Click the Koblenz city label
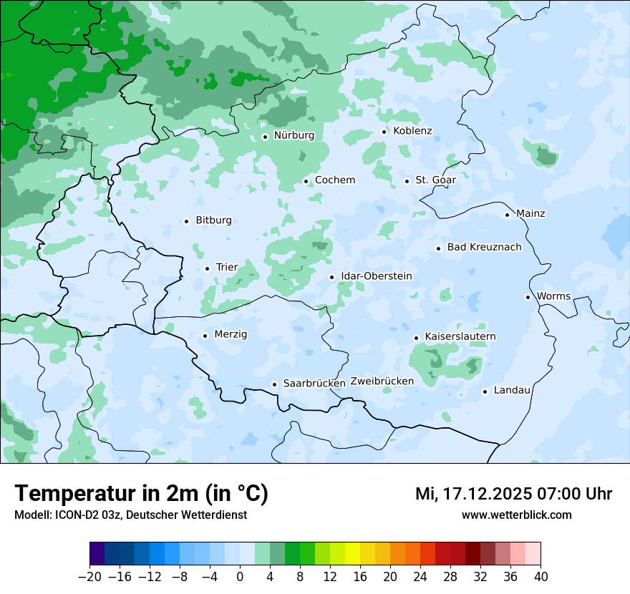412,131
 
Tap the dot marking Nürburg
265,137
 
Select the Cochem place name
335,180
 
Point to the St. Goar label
435,180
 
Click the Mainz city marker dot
507,215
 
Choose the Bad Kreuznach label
484,248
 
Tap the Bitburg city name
213,220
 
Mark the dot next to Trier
207,268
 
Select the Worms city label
554,296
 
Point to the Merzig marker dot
205,336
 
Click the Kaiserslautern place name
460,336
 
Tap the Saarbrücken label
314,384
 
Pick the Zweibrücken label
382,381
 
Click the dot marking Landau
485,391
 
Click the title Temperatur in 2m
141,494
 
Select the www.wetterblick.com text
517,515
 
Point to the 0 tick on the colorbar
240,577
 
